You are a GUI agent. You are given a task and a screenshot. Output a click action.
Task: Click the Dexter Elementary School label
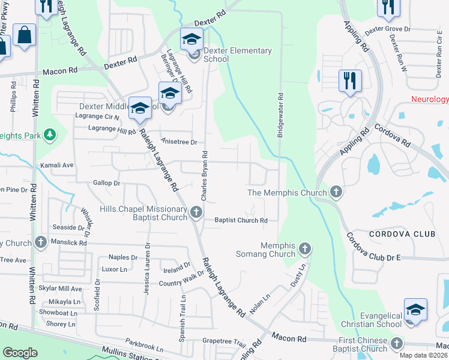238,55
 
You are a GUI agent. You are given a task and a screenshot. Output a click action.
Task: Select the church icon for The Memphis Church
336,193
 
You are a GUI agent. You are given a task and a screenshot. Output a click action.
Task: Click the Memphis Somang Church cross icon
305,248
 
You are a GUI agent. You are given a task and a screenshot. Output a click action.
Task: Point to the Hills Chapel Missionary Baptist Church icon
196,212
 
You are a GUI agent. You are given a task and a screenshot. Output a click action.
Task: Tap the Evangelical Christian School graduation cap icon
415,310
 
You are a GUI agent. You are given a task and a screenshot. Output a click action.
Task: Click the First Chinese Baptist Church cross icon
396,344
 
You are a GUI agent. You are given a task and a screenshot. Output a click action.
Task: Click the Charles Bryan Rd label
204,176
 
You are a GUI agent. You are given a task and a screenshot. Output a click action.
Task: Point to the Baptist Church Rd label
241,220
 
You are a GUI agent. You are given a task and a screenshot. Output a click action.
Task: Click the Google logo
20,353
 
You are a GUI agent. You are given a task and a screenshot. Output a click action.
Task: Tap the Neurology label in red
430,100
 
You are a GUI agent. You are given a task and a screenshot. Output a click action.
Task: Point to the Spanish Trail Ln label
182,321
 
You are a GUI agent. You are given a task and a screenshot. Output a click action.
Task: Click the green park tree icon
50,135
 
